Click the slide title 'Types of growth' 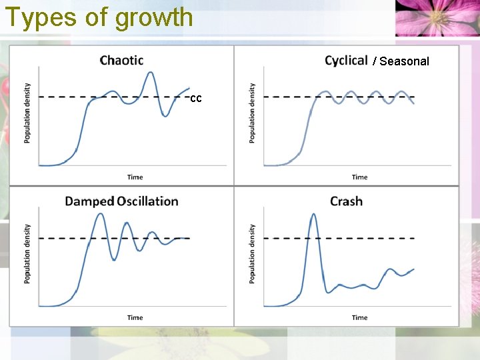coord(99,17)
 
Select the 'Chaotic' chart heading coord(121,61)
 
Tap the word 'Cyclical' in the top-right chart coord(346,61)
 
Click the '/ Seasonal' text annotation coord(401,61)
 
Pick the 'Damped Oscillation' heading coord(121,201)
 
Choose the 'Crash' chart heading coord(346,201)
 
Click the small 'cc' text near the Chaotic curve coord(195,99)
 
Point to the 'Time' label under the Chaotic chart coord(135,177)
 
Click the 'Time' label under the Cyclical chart coord(359,177)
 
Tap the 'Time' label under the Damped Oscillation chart coord(135,318)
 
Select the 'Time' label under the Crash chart coord(359,318)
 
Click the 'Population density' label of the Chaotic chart coord(27,113)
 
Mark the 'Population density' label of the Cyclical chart coord(252,113)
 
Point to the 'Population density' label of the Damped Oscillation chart coord(27,253)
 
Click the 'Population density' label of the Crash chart coord(252,253)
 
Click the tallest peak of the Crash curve coord(313,215)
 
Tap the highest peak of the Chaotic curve coord(151,72)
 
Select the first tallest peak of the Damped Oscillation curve coord(100,214)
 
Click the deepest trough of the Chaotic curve coord(165,116)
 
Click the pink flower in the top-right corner coord(436,17)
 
